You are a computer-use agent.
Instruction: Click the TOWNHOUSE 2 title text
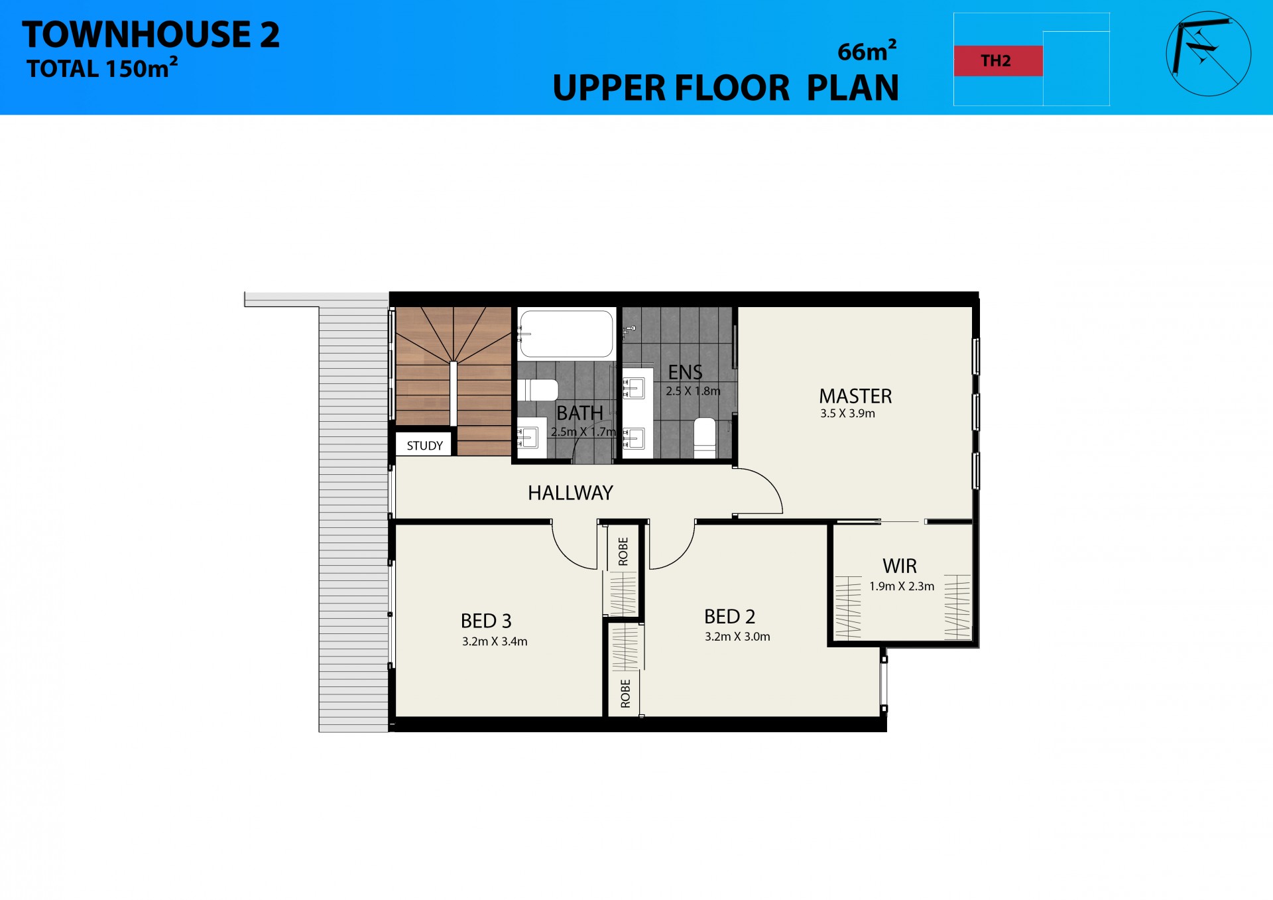point(151,34)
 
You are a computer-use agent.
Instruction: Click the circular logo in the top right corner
point(1208,54)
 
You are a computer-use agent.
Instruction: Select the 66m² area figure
point(867,51)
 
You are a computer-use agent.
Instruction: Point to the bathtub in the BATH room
point(566,334)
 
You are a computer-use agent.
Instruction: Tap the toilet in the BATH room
point(538,390)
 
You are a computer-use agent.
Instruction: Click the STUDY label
point(424,446)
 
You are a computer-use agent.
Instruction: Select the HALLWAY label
point(570,493)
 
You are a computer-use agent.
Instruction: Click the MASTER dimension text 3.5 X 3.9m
point(847,414)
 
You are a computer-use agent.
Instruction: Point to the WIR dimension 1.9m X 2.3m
point(902,586)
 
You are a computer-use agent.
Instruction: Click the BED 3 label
point(486,621)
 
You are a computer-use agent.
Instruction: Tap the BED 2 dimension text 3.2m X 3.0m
point(737,637)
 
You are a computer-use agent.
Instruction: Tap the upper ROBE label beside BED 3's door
point(623,551)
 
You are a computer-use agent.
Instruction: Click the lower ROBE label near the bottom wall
point(625,693)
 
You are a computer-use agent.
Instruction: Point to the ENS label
point(685,372)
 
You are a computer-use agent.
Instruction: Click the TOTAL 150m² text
point(102,68)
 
